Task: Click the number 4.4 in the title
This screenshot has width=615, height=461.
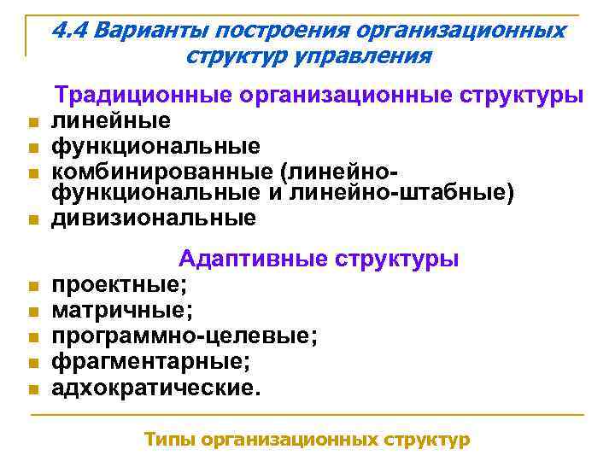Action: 70,31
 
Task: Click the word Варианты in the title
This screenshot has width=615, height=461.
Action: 150,31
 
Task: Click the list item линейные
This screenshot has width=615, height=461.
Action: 111,120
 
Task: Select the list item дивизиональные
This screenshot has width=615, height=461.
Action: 154,219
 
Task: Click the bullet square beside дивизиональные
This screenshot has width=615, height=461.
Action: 32,221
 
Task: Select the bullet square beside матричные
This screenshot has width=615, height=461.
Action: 32,312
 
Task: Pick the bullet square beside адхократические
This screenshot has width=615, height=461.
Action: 32,390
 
